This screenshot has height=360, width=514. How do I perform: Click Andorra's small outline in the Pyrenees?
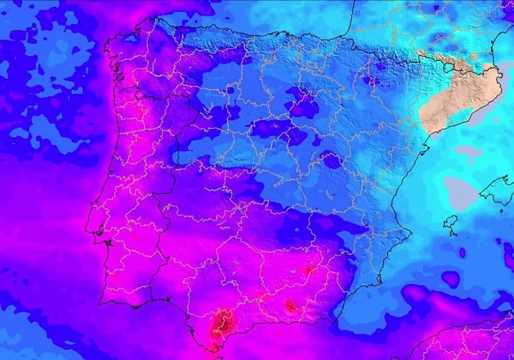[x=446, y=66]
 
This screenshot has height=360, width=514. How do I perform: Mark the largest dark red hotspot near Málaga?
[x=222, y=325]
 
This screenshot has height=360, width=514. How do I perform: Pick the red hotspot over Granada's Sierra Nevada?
[x=290, y=306]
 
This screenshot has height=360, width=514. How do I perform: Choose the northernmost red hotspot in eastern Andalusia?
[x=309, y=270]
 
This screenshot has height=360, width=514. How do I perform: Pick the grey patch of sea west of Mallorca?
[x=461, y=190]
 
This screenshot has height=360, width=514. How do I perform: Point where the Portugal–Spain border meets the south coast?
[x=153, y=299]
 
